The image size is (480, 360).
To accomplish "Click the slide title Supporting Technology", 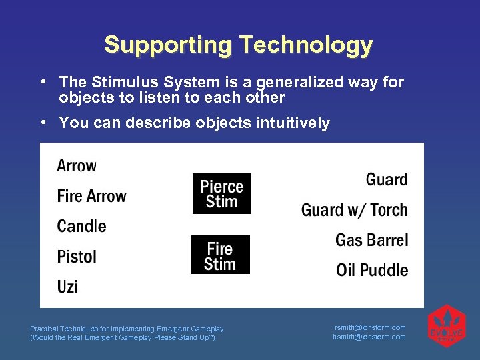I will [x=238, y=45].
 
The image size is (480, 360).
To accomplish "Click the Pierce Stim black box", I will [x=221, y=193].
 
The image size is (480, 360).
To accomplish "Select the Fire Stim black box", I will [x=220, y=255].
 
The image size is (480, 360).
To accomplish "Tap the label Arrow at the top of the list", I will [x=77, y=165].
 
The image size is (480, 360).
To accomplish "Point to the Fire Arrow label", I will [x=91, y=196].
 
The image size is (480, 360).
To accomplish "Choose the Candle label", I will [x=81, y=226].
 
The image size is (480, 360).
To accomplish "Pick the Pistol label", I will [x=77, y=257].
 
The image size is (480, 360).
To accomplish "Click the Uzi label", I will [x=67, y=287].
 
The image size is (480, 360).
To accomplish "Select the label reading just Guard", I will [x=387, y=179].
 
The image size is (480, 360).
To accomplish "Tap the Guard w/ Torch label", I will [x=354, y=210].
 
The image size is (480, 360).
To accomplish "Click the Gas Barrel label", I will [x=371, y=240].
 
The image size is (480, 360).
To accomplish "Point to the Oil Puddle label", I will [x=371, y=270].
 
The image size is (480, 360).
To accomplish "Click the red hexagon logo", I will [x=446, y=327].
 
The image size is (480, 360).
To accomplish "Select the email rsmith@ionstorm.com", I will [x=369, y=327].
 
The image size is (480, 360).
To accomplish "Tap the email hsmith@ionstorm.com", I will [x=369, y=337].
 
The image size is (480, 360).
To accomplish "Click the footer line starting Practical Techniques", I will [x=127, y=329].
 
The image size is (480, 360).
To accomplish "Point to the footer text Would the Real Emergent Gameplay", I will [x=123, y=337].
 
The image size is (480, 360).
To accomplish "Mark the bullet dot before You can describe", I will [x=42, y=122].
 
